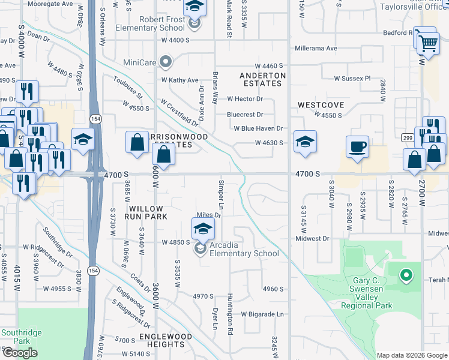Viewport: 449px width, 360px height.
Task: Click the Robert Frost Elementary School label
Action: (162, 23)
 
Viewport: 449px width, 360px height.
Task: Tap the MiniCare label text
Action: (140, 61)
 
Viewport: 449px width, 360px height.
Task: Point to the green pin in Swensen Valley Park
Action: (406, 276)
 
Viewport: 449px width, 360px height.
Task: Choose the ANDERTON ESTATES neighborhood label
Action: (262, 79)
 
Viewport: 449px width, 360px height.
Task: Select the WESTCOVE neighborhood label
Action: (321, 105)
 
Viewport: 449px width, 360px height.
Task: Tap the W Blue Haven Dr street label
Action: (255, 128)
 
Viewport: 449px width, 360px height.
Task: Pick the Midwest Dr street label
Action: (313, 238)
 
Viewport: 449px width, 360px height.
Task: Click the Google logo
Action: (20, 353)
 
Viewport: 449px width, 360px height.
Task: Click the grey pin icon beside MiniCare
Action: (167, 61)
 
